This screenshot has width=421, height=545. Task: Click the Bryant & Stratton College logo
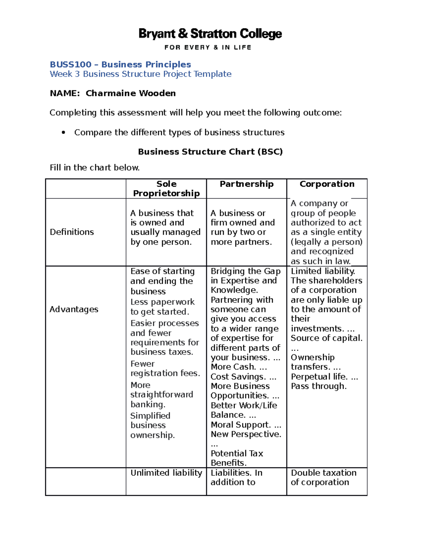(x=210, y=34)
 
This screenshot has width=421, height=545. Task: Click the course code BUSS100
(x=71, y=65)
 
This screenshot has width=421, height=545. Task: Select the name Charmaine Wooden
(x=131, y=93)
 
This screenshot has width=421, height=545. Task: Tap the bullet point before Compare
(x=63, y=133)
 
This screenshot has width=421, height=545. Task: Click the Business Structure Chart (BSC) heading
(x=210, y=152)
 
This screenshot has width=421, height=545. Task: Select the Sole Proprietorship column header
(x=166, y=188)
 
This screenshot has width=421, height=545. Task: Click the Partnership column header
(x=246, y=184)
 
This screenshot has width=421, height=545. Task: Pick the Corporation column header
(x=327, y=184)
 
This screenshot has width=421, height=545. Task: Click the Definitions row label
(x=72, y=232)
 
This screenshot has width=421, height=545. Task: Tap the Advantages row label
(x=74, y=309)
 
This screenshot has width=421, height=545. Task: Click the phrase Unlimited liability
(x=166, y=473)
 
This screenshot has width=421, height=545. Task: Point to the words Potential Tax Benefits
(x=237, y=458)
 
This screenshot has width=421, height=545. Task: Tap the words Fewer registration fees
(x=165, y=368)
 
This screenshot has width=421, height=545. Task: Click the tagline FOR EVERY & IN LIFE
(x=208, y=47)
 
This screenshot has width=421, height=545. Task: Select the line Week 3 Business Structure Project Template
(x=140, y=74)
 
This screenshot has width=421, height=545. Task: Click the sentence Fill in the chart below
(x=95, y=168)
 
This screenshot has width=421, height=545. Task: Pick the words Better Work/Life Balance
(x=243, y=410)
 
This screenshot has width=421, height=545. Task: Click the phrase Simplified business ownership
(x=152, y=425)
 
